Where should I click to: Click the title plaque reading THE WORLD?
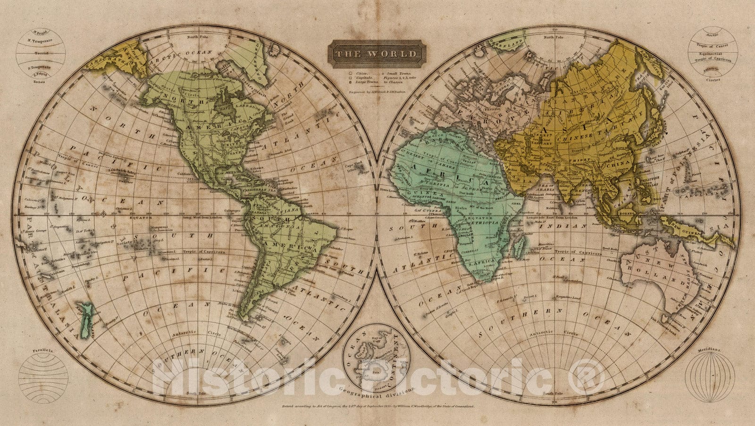[x=377, y=54]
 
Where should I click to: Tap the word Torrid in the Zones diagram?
[x=41, y=54]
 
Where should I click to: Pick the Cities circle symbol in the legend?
[x=350, y=74]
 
